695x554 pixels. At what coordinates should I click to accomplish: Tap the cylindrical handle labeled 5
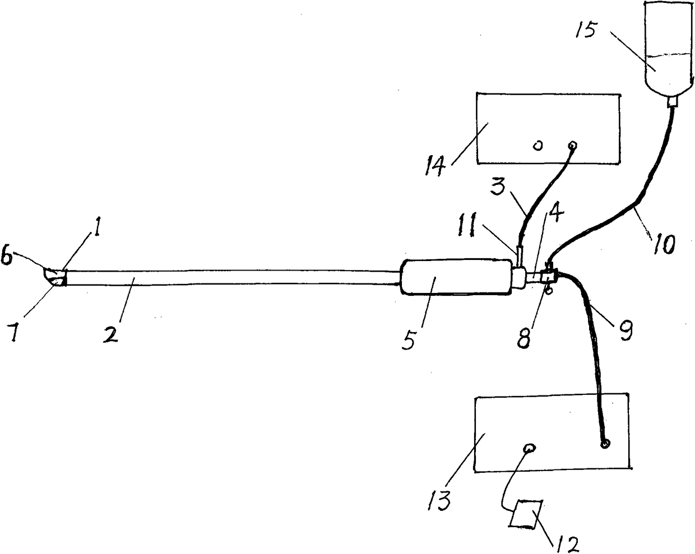pos(455,276)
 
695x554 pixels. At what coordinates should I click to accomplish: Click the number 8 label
pos(524,337)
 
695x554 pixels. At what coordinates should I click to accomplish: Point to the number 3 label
pos(497,187)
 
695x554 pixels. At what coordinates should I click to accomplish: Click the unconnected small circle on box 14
pos(538,146)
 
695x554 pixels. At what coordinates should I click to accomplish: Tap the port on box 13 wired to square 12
pos(530,448)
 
